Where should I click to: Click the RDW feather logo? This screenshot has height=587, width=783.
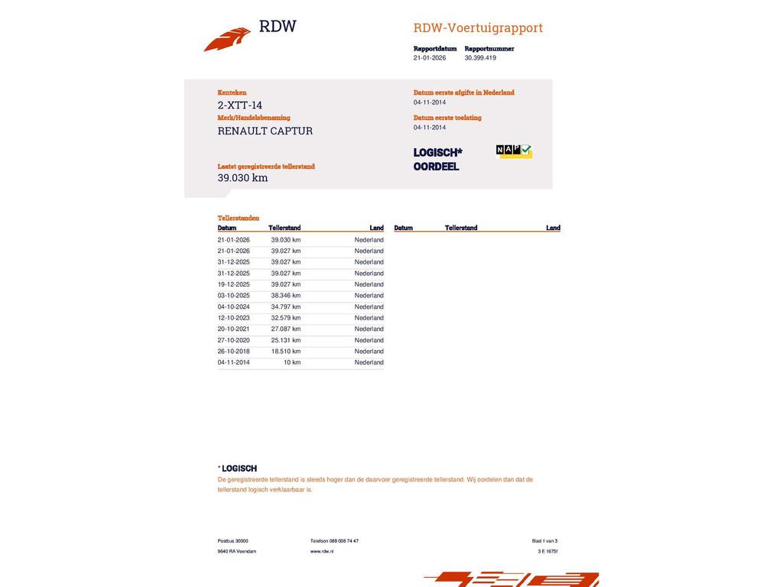tap(227, 39)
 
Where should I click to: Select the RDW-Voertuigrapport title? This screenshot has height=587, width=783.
tap(478, 28)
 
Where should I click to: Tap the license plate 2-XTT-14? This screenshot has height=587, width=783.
tap(240, 105)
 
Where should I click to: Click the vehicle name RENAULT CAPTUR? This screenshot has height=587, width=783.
tap(265, 131)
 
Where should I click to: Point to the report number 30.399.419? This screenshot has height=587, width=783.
tap(480, 58)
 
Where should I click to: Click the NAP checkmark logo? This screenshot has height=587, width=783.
tap(514, 151)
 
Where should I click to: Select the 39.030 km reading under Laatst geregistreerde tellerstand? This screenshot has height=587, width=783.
tap(242, 178)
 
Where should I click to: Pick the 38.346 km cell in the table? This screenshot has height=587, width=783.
tap(286, 296)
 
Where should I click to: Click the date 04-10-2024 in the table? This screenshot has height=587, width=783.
tap(233, 306)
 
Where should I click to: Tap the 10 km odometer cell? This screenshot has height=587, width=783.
tap(291, 362)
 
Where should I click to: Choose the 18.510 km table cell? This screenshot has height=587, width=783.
tap(286, 352)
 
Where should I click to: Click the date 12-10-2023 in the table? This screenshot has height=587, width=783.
tap(233, 318)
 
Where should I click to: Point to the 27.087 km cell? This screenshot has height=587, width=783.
tap(286, 329)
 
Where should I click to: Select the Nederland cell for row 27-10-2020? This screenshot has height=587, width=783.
tap(369, 340)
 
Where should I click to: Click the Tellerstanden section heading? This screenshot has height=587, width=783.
tap(239, 218)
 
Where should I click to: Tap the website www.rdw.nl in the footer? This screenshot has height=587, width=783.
tap(322, 551)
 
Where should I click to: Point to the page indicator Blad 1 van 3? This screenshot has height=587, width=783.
tap(544, 541)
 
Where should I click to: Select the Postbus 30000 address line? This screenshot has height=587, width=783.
tap(232, 541)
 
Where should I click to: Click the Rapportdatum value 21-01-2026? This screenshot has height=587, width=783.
tap(430, 58)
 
